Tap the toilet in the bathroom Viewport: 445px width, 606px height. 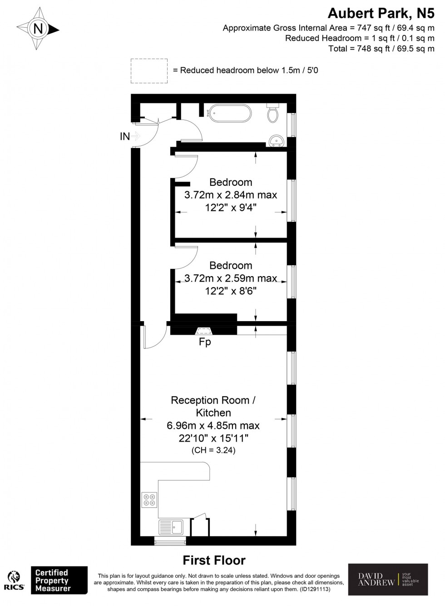coord(273,114)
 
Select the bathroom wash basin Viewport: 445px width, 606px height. coord(276,141)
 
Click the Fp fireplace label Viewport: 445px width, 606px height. coord(205,342)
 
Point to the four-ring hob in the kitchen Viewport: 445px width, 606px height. coord(149,500)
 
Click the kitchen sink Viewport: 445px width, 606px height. coord(171,527)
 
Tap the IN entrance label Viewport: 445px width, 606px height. coord(125,136)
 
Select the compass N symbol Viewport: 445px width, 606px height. coord(39,29)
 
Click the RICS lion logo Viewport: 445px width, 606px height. coord(14,581)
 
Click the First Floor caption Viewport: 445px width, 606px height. coord(214,560)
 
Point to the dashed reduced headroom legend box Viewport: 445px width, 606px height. coord(149,71)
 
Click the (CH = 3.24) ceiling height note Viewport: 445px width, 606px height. coord(213,451)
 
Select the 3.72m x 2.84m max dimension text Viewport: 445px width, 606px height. coord(231,195)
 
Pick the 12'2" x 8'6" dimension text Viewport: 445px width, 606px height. coord(231,291)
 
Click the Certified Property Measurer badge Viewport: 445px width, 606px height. coord(59,580)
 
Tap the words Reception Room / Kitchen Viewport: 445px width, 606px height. coord(213,407)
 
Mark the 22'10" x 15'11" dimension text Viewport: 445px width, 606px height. coord(213,438)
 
